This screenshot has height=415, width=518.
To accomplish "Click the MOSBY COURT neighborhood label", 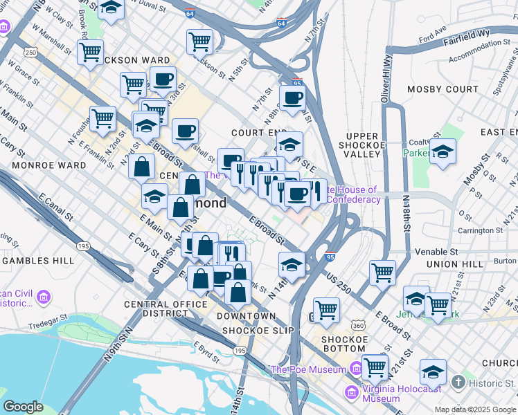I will (x=443, y=89).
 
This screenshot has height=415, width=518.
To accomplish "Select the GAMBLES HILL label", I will (x=35, y=261).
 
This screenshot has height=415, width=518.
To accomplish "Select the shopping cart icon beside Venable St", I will (x=382, y=273).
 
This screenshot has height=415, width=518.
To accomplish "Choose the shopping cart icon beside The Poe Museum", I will (x=374, y=367).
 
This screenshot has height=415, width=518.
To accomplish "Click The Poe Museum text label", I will (x=307, y=369).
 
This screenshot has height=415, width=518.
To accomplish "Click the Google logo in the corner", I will (x=23, y=407).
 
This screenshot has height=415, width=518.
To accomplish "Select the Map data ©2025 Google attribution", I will (x=474, y=409).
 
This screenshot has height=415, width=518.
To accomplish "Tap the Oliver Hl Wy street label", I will (x=386, y=80).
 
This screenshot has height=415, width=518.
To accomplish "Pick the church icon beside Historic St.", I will (x=457, y=382).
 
